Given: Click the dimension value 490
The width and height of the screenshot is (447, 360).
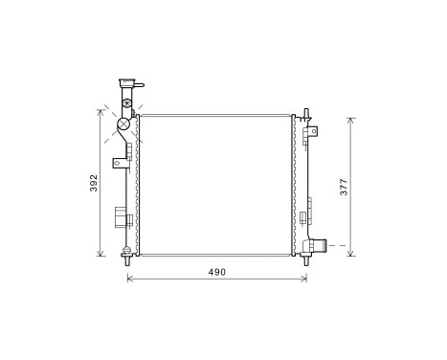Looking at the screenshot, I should tap(217, 273).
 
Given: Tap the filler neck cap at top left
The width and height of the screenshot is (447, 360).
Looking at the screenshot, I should tap(124, 84).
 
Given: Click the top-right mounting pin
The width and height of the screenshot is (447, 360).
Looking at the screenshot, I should tap(306, 114).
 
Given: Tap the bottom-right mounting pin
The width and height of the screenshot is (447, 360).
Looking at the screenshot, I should tap(305, 257).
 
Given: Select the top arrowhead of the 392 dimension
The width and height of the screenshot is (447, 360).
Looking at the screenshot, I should tap(101, 111).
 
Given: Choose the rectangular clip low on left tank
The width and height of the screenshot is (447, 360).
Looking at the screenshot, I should tap(121, 216).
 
